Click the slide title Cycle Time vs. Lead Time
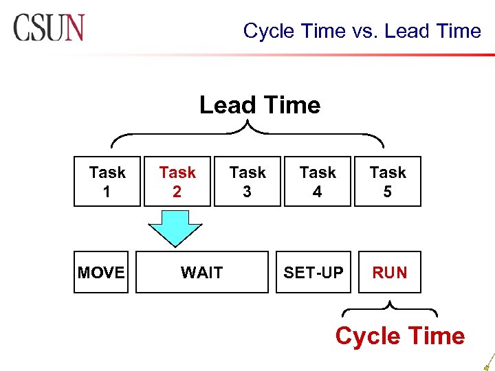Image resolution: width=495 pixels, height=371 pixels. point(362,31)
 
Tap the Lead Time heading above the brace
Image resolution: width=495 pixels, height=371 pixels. point(260,105)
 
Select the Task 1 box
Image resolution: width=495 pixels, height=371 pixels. point(107,181)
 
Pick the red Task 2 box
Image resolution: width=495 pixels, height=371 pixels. point(177,181)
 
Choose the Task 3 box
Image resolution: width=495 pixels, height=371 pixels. point(247,181)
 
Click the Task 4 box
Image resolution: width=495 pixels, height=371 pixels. point(318,181)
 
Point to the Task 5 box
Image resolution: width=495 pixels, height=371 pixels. point(388,181)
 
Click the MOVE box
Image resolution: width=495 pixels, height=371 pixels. point(101,273)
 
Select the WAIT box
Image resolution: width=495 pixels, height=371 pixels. point(201,273)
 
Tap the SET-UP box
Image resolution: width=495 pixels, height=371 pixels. point(313,273)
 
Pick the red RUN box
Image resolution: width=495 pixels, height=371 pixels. point(389,273)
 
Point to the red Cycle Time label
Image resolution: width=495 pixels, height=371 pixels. point(399,336)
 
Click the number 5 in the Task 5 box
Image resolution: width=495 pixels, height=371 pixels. point(388,192)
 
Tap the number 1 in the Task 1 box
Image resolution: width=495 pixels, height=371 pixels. point(107,192)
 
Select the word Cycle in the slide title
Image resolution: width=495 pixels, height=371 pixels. point(269,31)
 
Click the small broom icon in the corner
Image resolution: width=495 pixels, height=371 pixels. point(487,361)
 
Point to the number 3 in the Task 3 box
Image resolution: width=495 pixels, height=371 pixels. point(247,192)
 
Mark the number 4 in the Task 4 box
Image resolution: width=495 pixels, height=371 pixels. point(318,192)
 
